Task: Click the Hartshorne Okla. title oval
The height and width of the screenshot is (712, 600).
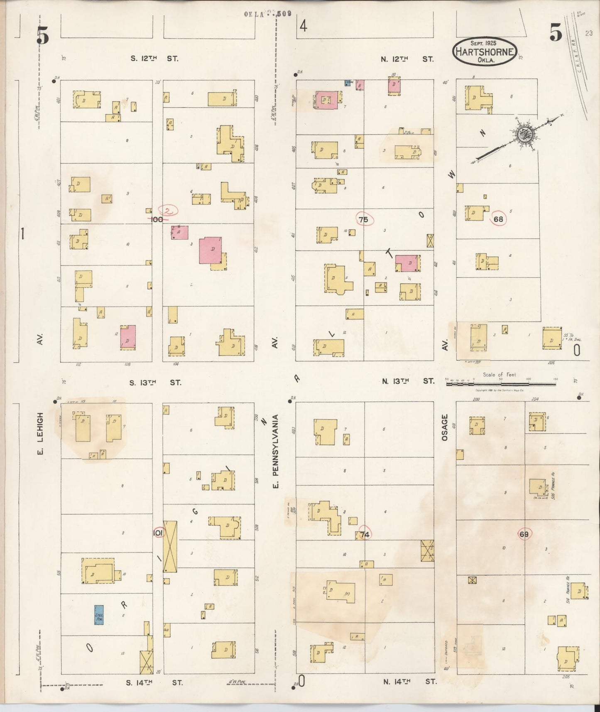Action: [485, 52]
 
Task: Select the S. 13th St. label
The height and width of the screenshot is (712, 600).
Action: [155, 382]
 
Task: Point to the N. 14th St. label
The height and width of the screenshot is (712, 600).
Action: [409, 681]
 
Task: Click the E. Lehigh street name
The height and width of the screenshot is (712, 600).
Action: [40, 433]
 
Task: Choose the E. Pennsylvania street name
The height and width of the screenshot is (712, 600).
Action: [275, 451]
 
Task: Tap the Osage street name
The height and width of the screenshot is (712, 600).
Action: [445, 427]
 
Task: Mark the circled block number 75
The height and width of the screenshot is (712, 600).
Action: [364, 219]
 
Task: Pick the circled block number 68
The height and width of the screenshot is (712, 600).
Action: [498, 219]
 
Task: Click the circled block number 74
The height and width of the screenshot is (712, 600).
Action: [365, 534]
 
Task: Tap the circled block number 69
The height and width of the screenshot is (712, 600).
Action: [524, 534]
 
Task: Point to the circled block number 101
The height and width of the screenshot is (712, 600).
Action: [158, 533]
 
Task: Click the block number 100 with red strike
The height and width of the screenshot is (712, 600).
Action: [157, 219]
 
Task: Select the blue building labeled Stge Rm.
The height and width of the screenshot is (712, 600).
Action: [99, 615]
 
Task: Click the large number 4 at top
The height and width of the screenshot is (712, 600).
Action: [304, 27]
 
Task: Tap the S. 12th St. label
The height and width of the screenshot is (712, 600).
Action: [154, 59]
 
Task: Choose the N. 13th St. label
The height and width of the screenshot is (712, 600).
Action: [408, 381]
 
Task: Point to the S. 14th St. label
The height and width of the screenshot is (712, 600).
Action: [155, 682]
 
